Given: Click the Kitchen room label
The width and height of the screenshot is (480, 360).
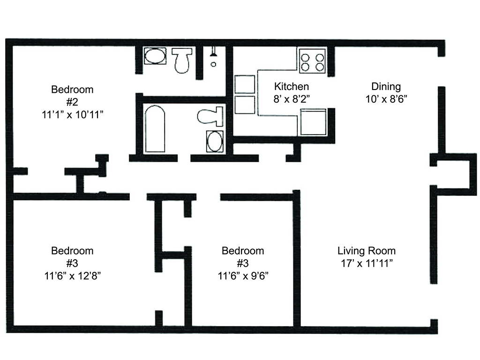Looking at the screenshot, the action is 292,87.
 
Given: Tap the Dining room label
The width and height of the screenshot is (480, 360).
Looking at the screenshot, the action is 386,87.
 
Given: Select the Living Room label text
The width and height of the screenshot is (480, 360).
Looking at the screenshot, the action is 367,251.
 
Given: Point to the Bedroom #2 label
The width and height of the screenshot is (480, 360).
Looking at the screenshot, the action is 72,96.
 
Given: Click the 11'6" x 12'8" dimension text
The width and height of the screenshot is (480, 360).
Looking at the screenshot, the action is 73,276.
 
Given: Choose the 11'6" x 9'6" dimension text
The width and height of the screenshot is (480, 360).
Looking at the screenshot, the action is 243,276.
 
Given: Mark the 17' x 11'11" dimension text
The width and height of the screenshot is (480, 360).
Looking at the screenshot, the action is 367,263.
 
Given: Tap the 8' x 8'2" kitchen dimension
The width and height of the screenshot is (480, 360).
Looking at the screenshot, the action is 292,99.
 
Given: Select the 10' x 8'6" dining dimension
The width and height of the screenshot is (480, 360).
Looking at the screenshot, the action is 386,99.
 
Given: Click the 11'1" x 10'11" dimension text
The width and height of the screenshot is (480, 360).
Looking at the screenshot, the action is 73,115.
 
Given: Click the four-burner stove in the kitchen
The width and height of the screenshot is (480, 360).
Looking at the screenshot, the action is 312,60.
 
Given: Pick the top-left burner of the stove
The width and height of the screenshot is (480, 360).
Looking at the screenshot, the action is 305,58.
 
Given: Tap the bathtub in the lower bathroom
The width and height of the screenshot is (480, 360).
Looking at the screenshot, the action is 155,128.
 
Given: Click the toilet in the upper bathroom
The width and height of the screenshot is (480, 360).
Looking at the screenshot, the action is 182,60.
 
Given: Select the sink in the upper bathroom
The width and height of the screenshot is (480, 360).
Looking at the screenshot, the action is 155,56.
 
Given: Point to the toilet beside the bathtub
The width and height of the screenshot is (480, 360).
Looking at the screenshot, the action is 210,116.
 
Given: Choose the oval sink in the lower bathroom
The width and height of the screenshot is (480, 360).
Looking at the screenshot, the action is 215,141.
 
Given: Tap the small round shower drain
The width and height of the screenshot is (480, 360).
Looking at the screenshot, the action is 213,64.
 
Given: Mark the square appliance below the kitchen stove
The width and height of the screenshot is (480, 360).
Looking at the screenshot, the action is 313,122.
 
